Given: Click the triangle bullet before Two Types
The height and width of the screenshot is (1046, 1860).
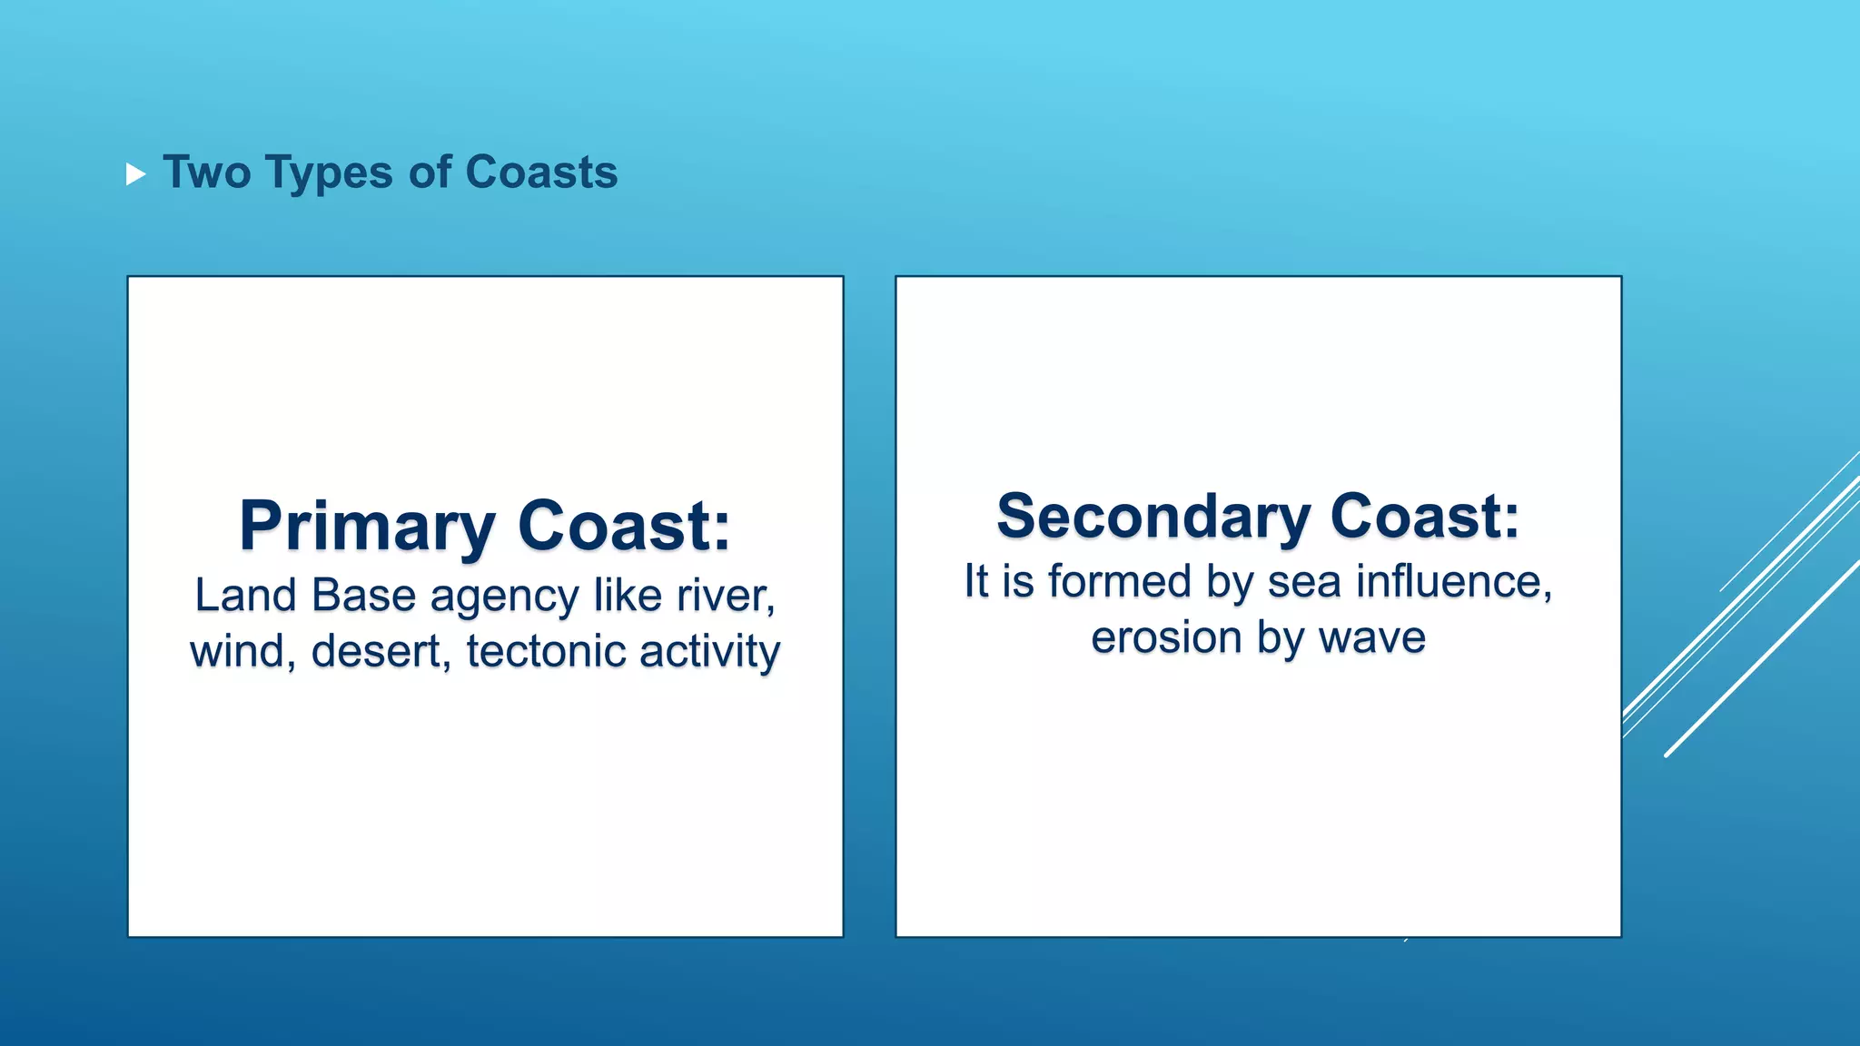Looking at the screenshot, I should tap(135, 174).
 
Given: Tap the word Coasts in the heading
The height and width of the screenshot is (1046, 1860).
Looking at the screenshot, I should tap(541, 173).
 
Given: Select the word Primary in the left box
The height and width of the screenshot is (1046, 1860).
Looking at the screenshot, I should tap(367, 527).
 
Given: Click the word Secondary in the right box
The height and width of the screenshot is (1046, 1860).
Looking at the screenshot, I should tap(1153, 517).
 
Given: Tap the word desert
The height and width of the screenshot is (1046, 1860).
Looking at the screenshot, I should tap(381, 652).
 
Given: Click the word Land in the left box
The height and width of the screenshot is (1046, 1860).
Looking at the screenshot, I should tap(245, 597).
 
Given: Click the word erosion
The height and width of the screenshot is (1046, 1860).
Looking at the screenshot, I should tap(1164, 637).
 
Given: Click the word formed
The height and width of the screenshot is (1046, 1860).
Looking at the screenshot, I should tap(1119, 581).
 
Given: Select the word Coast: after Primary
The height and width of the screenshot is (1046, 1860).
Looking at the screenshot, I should tap(624, 527).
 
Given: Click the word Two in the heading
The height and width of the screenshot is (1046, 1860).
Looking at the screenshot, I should tap(207, 173).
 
